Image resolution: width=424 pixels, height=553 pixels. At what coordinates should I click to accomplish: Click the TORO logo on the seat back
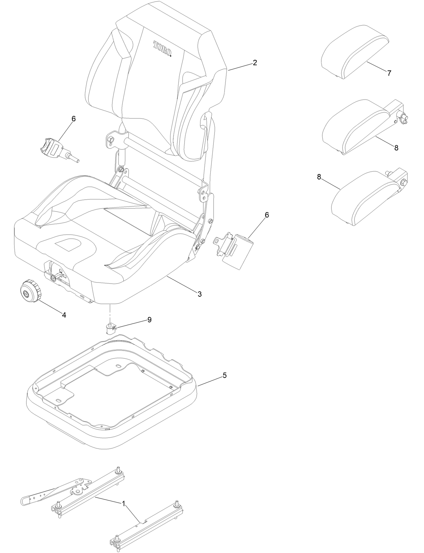162,49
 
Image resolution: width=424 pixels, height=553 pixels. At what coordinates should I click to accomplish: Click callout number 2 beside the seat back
255,63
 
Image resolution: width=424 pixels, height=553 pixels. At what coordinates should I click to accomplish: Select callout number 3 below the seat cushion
200,294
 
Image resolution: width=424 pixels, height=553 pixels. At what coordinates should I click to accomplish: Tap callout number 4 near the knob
64,315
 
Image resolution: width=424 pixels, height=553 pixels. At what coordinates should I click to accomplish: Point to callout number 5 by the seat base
224,375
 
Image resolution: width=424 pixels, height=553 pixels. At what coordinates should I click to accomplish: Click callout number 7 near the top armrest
389,73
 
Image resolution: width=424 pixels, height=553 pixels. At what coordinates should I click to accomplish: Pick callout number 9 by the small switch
149,319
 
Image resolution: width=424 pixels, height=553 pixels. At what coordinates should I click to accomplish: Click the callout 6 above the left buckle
74,119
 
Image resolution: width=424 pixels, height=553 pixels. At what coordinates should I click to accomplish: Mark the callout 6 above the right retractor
267,215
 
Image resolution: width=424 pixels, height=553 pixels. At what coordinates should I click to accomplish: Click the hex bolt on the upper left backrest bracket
112,139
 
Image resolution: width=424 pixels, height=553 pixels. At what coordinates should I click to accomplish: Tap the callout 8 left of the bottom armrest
319,177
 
